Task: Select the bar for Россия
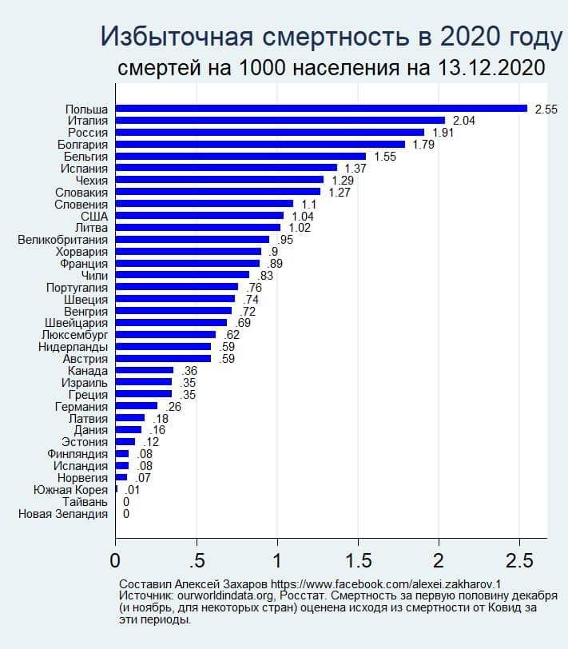tap(270, 132)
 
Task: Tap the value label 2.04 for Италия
tap(465, 120)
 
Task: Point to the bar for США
tap(200, 216)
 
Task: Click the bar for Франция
tap(188, 263)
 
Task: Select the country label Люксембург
tap(73, 334)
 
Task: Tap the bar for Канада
tap(145, 370)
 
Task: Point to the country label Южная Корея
tap(70, 489)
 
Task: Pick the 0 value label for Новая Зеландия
tap(126, 513)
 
